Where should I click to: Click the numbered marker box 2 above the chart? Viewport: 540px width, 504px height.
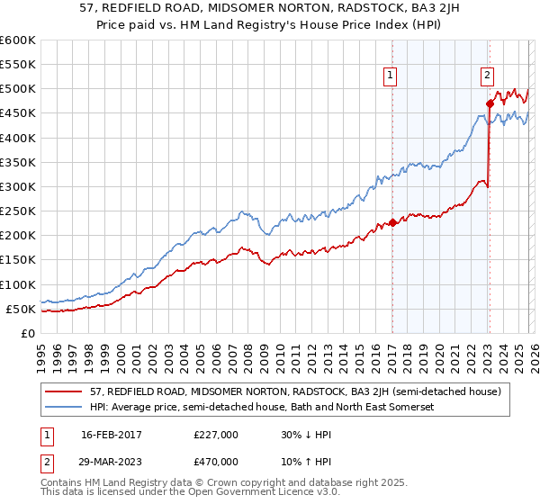[487, 76]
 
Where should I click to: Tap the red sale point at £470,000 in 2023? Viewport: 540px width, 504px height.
[490, 103]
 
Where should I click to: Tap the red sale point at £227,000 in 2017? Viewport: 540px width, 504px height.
[392, 222]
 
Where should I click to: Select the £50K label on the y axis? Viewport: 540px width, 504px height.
[21, 309]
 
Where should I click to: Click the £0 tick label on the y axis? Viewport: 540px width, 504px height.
[27, 333]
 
